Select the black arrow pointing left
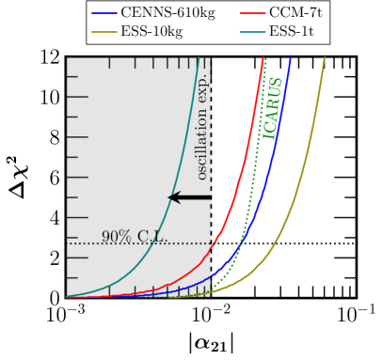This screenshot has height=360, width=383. click(x=188, y=197)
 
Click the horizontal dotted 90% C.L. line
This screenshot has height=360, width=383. click(x=94, y=243)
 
